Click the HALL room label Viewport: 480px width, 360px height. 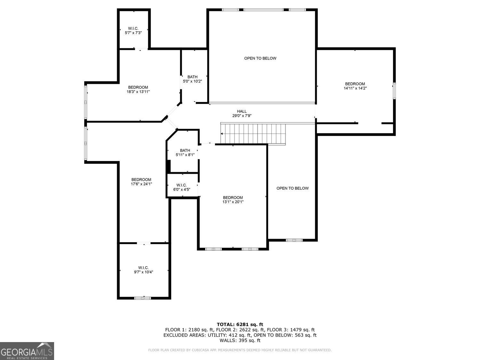242,111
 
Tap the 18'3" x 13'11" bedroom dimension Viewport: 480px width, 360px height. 138,92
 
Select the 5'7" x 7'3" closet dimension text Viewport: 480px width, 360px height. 133,33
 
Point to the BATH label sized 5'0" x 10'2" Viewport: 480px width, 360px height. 192,77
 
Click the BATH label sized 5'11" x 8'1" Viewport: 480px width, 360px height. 185,150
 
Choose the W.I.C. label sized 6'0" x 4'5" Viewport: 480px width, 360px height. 181,185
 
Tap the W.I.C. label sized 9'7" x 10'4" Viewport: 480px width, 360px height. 143,268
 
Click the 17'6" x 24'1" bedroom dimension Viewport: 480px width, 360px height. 141,184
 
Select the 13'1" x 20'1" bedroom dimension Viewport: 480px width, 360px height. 233,202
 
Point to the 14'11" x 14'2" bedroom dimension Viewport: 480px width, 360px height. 355,88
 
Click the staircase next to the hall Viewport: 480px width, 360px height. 253,134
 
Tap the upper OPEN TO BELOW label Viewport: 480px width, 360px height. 260,58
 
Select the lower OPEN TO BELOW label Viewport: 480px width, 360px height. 292,188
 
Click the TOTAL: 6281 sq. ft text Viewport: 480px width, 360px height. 240,324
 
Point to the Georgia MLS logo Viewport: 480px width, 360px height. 27,351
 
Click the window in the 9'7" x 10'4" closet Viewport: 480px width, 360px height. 143,298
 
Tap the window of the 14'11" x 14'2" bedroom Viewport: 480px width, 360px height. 394,91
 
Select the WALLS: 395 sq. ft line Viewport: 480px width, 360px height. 240,340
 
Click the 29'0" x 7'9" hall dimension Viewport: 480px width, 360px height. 242,116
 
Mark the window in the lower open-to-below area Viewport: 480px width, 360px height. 294,240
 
